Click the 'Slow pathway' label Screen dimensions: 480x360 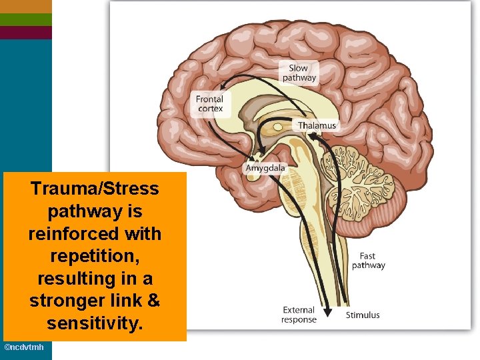(299, 73)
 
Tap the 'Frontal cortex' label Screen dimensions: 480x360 (209, 104)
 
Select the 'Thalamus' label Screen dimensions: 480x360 (317, 125)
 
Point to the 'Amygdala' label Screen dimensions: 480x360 (265, 168)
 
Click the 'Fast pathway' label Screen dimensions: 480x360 (368, 261)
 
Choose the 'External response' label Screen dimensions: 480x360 (298, 315)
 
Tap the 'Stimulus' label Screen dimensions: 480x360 (363, 315)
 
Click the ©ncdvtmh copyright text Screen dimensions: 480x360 (25, 348)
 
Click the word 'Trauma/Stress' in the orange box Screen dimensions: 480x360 (95, 189)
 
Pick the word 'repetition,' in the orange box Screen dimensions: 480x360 (95, 257)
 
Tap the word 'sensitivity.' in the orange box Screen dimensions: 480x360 (95, 324)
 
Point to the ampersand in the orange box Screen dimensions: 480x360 (153, 301)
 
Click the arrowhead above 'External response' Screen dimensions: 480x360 (328, 308)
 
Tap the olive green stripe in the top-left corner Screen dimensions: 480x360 (25, 19)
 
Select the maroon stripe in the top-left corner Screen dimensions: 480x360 (25, 33)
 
